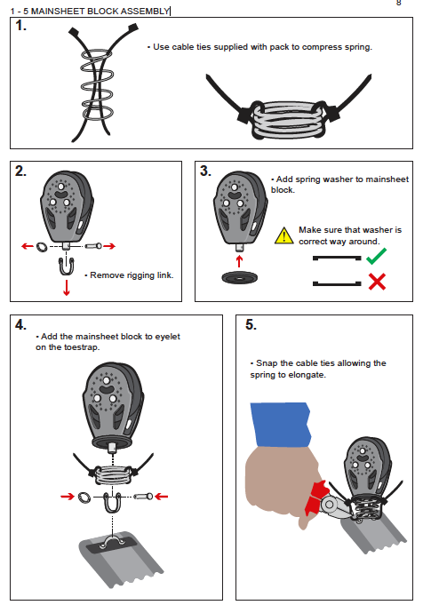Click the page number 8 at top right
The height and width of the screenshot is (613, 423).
398,4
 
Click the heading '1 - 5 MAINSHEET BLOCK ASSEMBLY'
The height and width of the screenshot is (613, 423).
85,12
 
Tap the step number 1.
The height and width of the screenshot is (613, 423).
21,27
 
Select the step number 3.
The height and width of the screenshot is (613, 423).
205,171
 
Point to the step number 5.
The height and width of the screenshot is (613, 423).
251,325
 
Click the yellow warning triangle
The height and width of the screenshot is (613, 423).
283,235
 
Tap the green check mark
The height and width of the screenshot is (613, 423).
377,258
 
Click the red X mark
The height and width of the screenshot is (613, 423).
377,283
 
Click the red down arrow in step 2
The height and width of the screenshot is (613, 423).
67,289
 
